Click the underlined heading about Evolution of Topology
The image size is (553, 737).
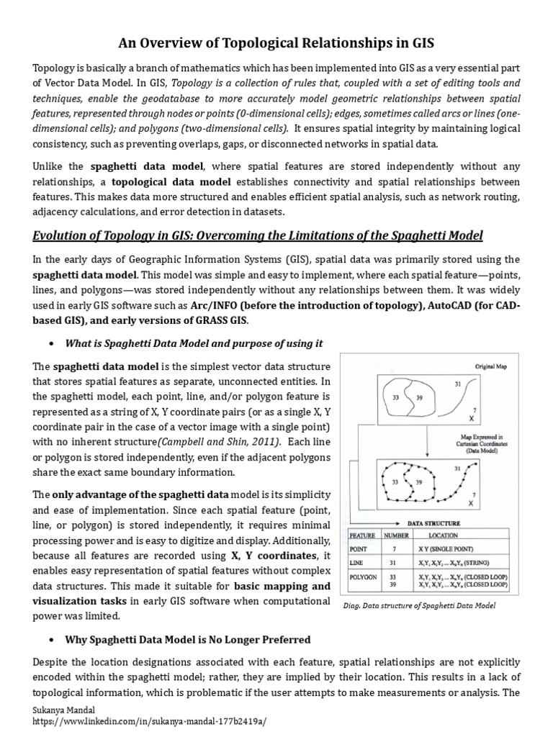[258, 236]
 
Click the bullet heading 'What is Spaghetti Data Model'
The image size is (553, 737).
[194, 343]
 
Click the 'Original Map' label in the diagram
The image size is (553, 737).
[491, 366]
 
